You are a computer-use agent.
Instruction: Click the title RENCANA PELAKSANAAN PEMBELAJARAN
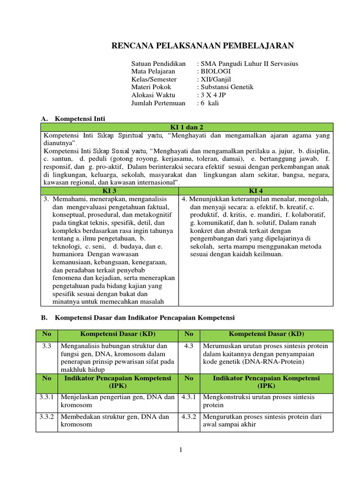[202, 45]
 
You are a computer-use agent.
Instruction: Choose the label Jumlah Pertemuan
[158, 103]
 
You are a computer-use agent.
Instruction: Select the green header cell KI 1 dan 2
[186, 127]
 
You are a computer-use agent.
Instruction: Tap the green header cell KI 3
[109, 191]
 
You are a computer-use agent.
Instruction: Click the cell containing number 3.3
[46, 346]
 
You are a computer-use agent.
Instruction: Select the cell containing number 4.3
[189, 346]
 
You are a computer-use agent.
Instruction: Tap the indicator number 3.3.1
[47, 397]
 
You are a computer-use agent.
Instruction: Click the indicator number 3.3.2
[47, 416]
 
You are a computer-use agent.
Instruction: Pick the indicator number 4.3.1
[189, 397]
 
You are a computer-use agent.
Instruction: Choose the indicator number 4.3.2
[189, 416]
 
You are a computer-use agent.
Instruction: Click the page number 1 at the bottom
[181, 450]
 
